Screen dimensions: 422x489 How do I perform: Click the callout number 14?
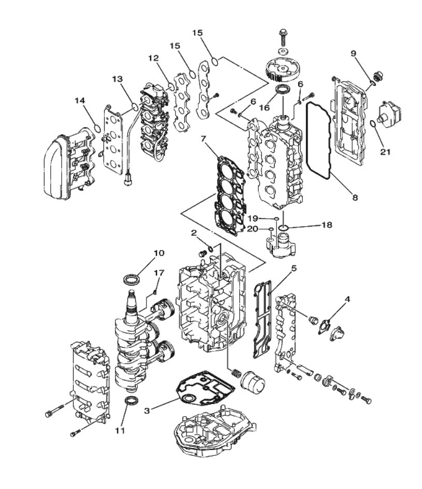(x=80, y=100)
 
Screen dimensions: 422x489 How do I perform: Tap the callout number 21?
(x=385, y=152)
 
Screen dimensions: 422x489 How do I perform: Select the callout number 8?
(x=355, y=197)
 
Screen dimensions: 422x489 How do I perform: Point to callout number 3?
(x=147, y=410)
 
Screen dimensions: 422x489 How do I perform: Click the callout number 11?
(x=120, y=431)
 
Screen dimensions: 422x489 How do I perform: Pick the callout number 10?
(x=159, y=253)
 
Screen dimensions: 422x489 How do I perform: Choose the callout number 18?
(x=327, y=225)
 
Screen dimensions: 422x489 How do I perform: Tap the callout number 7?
(x=203, y=138)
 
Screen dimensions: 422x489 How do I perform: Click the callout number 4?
(x=347, y=300)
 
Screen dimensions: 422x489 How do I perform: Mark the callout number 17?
(x=159, y=273)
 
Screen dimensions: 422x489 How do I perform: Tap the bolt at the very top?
(x=283, y=37)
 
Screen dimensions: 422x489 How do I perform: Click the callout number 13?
(x=118, y=79)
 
